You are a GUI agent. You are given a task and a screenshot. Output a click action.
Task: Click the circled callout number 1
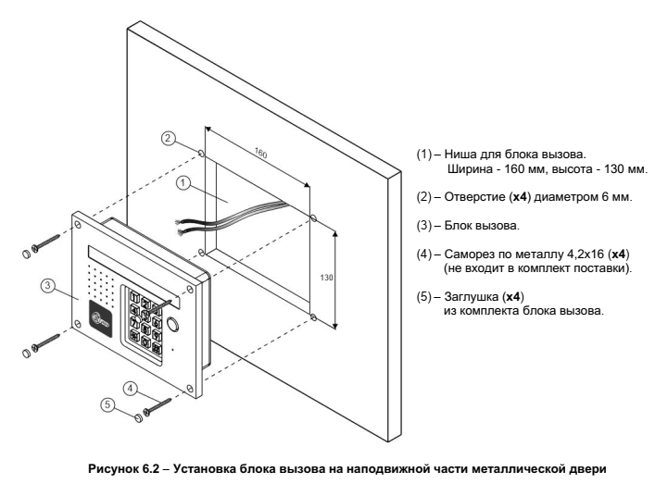pyautogui.click(x=183, y=183)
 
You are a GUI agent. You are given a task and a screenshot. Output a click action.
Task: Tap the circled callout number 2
pyautogui.click(x=168, y=138)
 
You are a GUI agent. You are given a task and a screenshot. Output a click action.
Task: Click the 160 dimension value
pyautogui.click(x=263, y=156)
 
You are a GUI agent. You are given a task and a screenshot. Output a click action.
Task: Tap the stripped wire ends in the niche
pyautogui.click(x=184, y=224)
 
